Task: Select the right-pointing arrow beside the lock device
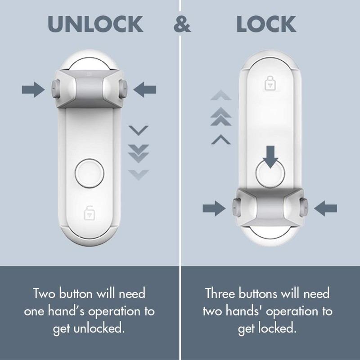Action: pos(214,207)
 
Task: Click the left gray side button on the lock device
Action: pos(235,207)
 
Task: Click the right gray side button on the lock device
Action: pos(303,207)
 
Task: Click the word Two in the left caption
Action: pos(46,294)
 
